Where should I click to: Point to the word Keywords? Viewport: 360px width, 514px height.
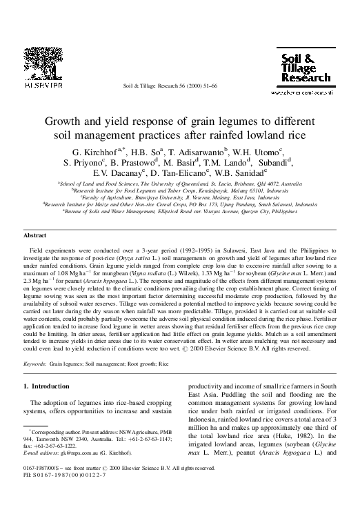(x=35, y=362)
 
